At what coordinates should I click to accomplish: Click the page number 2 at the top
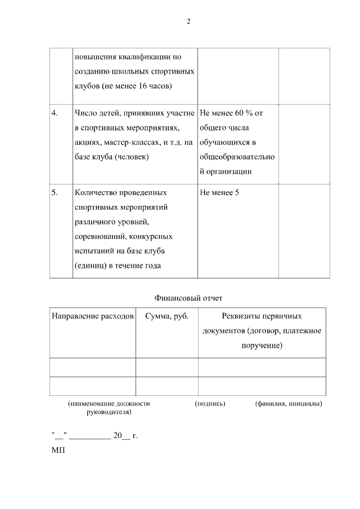[x=188, y=21]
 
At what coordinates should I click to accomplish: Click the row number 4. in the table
[x=55, y=113]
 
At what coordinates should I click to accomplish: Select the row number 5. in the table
[x=55, y=192]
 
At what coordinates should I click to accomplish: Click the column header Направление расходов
[x=93, y=316]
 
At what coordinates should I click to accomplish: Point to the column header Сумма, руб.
[x=166, y=316]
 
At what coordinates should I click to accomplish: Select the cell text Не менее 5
[x=219, y=192]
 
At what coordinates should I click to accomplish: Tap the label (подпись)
[x=210, y=404]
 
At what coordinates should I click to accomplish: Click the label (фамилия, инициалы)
[x=289, y=404]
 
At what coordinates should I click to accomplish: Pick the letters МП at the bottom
[x=58, y=451]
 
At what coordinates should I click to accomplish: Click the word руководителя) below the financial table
[x=109, y=412]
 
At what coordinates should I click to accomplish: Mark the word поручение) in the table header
[x=262, y=345]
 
